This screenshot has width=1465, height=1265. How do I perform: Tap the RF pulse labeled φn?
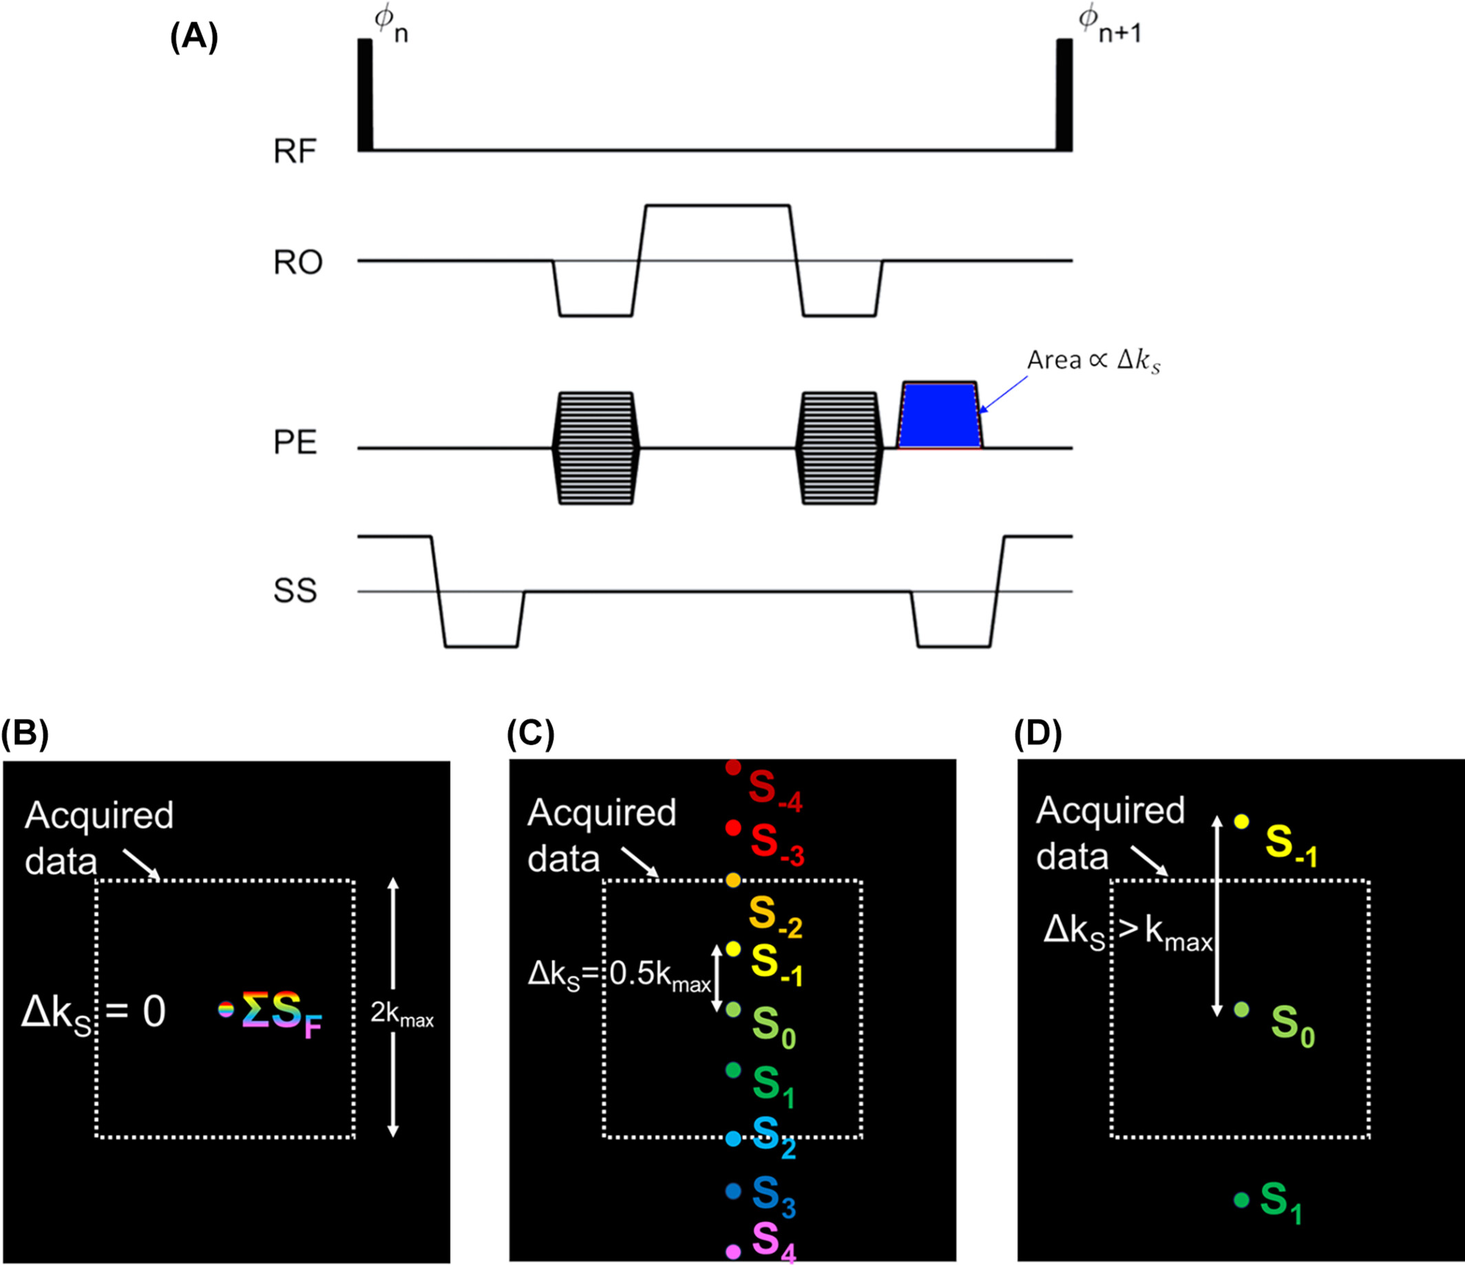pyautogui.click(x=365, y=95)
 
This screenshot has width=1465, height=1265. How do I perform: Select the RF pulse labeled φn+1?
pyautogui.click(x=1064, y=95)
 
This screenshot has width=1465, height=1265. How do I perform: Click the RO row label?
pyautogui.click(x=297, y=262)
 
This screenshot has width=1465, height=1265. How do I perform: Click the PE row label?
pyautogui.click(x=295, y=443)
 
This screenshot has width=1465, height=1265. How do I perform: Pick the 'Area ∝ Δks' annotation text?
pyautogui.click(x=1093, y=362)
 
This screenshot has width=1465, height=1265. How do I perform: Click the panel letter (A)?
pyautogui.click(x=193, y=37)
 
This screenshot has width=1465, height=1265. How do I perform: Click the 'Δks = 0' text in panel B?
pyautogui.click(x=94, y=1012)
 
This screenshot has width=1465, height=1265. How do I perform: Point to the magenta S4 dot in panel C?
pyautogui.click(x=733, y=1250)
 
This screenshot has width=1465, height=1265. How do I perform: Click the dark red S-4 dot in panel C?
pyautogui.click(x=733, y=766)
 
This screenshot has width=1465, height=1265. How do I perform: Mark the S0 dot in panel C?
pyautogui.click(x=733, y=1010)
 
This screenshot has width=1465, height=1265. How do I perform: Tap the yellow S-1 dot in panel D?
pyautogui.click(x=1241, y=822)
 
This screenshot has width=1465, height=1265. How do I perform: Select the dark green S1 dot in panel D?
pyautogui.click(x=1241, y=1200)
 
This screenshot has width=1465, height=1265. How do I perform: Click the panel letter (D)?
pyautogui.click(x=1037, y=735)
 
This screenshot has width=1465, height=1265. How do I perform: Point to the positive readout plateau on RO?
pyautogui.click(x=717, y=206)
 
